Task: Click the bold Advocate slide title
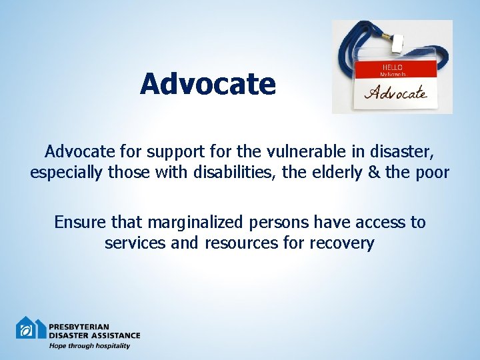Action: tap(207, 85)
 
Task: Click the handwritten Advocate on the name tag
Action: tap(395, 93)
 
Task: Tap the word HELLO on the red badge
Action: tap(391, 67)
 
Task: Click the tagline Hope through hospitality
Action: tap(89, 345)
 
